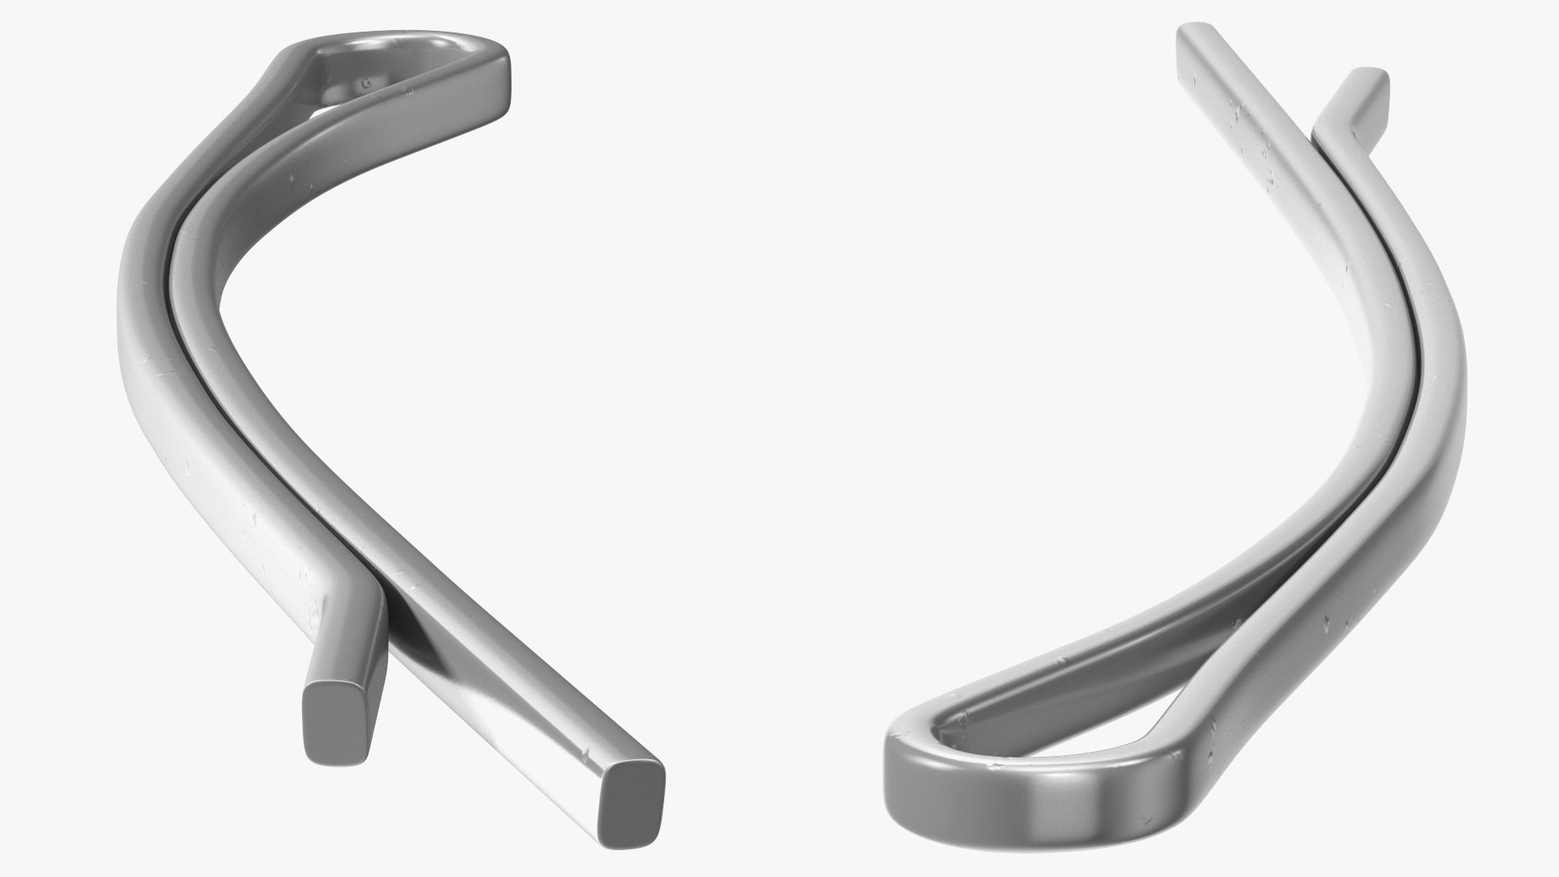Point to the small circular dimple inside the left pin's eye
click(366, 82)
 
